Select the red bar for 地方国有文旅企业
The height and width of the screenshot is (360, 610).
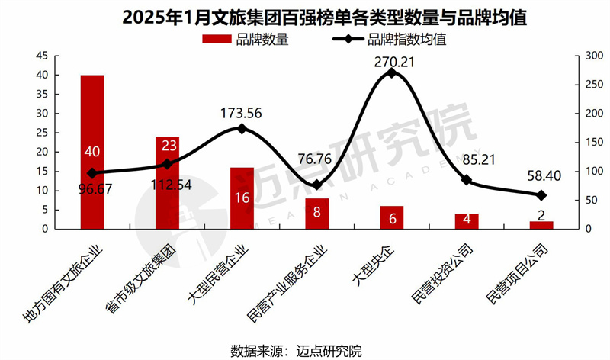pos(92,152)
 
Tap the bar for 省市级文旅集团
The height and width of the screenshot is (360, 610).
pos(167,183)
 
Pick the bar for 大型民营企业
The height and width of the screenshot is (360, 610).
pos(242,198)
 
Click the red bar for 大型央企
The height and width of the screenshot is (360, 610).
pos(391,217)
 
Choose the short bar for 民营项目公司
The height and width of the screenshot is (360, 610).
pos(541,225)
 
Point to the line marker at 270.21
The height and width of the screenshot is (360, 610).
pos(391,72)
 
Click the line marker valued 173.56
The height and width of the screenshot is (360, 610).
pos(242,129)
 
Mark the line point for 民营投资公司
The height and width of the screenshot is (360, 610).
pos(467,180)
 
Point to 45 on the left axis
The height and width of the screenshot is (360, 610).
pos(43,56)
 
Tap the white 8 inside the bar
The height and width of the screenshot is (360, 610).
pos(316,214)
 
